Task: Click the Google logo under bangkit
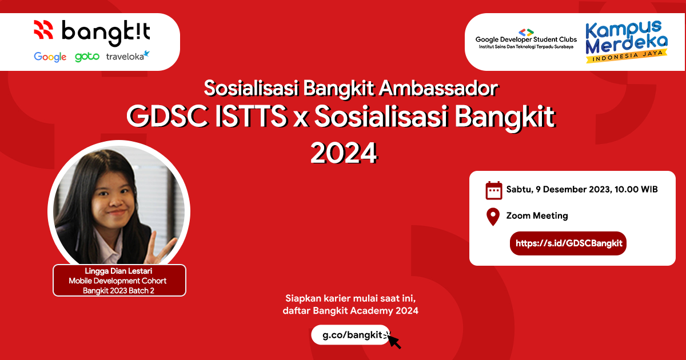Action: point(50,57)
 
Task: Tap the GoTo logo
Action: point(87,57)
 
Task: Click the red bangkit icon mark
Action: point(43,29)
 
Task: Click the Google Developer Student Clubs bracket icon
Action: point(526,32)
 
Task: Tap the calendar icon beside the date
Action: point(493,190)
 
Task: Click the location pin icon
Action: point(493,217)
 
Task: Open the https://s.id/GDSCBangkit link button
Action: point(568,243)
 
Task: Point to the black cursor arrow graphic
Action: point(393,341)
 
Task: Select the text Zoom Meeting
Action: point(537,216)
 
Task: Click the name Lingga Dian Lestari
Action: point(119,271)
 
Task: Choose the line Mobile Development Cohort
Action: point(119,281)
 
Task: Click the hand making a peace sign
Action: point(162,247)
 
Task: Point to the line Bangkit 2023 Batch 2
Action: point(119,290)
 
